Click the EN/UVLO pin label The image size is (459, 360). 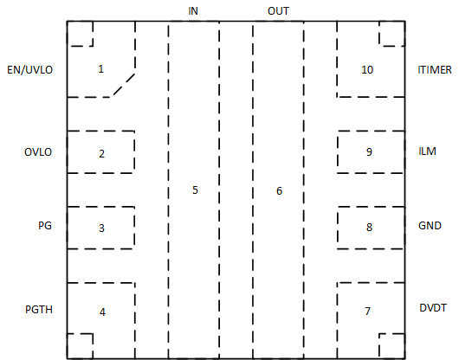pyautogui.click(x=29, y=70)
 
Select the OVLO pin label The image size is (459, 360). pyautogui.click(x=38, y=152)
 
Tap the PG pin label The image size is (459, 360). pyautogui.click(x=45, y=226)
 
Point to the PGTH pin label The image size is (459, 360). pyautogui.click(x=39, y=310)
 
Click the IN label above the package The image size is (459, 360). pyautogui.click(x=193, y=11)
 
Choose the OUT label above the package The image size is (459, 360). pyautogui.click(x=278, y=11)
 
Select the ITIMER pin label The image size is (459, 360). pyautogui.click(x=435, y=70)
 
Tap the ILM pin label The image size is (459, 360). pyautogui.click(x=427, y=151)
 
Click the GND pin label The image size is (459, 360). pyautogui.click(x=430, y=226)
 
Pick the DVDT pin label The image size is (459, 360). pyautogui.click(x=433, y=308)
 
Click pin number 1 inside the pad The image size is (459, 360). pyautogui.click(x=100, y=69)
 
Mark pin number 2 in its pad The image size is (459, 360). pyautogui.click(x=101, y=153)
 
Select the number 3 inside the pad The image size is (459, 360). pyautogui.click(x=101, y=228)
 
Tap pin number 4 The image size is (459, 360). pyautogui.click(x=102, y=312)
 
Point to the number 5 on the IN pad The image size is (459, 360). pyautogui.click(x=195, y=190)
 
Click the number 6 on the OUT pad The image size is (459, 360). pyautogui.click(x=279, y=191)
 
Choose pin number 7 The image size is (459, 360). pyautogui.click(x=368, y=311)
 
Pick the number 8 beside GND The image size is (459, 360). pyautogui.click(x=370, y=227)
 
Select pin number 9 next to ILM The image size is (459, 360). pyautogui.click(x=370, y=151)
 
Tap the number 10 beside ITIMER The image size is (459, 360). pyautogui.click(x=367, y=70)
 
